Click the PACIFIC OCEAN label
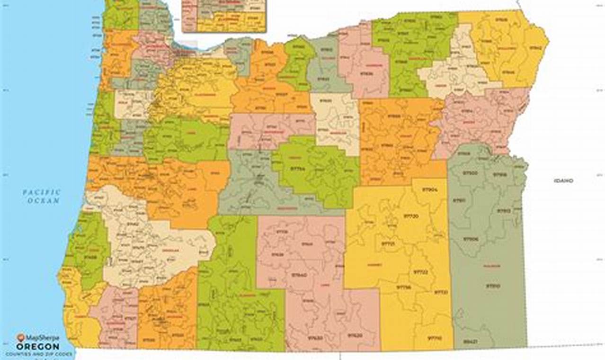click(x=42, y=196)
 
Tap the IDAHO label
click(x=563, y=180)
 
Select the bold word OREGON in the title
click(x=38, y=346)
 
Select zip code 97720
click(x=410, y=216)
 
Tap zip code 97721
click(x=388, y=243)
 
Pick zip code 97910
click(x=493, y=286)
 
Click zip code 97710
click(x=434, y=338)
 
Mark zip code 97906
click(x=470, y=239)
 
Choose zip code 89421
click(x=470, y=341)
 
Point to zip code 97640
click(x=299, y=275)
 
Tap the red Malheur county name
click(x=491, y=266)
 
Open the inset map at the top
click(x=223, y=16)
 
